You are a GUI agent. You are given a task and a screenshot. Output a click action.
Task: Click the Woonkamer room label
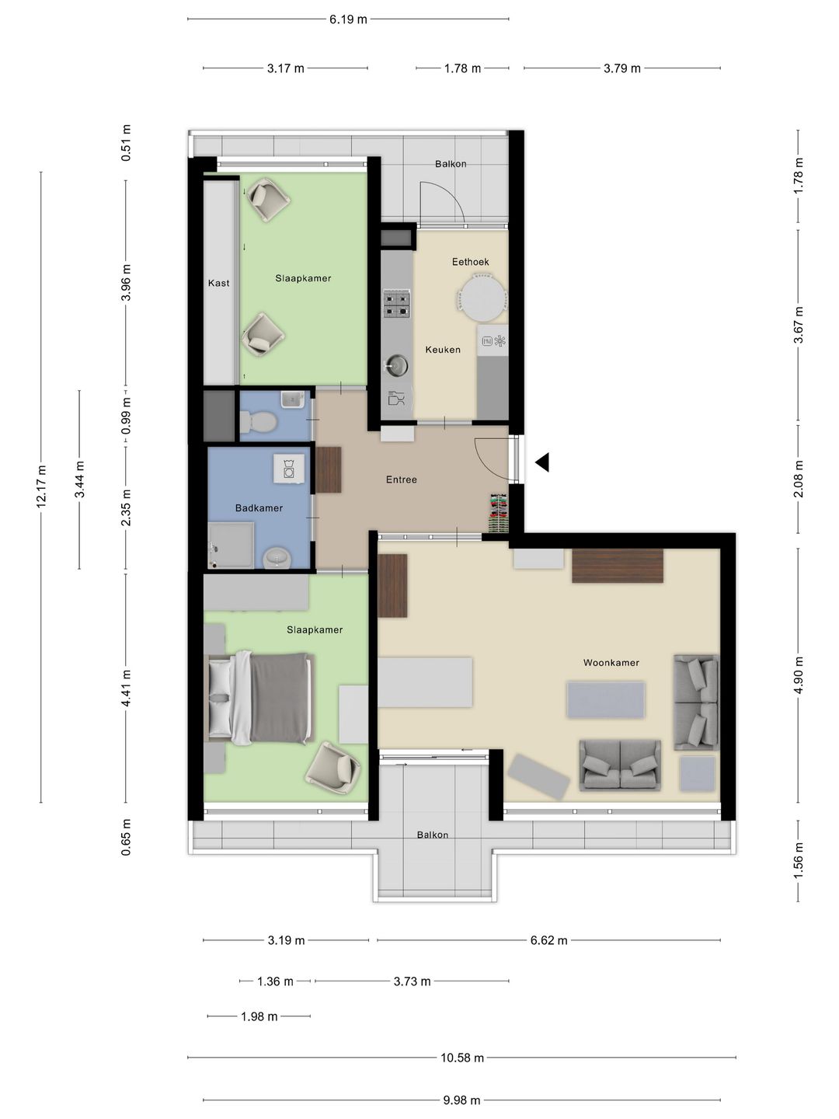(611, 663)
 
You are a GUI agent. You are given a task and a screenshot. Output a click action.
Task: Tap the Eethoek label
(470, 262)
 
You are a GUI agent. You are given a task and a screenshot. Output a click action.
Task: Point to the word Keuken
(443, 350)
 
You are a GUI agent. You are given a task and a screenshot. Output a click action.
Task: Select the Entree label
(402, 479)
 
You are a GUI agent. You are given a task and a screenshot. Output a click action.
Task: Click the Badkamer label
(259, 508)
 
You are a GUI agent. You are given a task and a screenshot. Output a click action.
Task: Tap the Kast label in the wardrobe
(218, 283)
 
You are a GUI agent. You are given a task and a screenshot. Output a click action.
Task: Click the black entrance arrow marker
(542, 462)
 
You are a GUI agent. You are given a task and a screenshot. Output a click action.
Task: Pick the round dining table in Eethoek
(482, 298)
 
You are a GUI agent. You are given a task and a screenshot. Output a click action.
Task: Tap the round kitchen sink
(396, 364)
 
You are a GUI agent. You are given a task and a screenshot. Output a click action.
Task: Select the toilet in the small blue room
(258, 422)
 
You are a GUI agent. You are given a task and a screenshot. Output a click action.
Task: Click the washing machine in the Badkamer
(289, 468)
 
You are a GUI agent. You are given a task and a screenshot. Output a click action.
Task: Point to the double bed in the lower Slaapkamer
(259, 697)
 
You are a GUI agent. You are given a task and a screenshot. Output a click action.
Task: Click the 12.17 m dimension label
(41, 487)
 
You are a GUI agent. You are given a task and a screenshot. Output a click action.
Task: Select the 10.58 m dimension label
(462, 1058)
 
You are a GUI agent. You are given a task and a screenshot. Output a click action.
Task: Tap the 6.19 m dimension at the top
(348, 19)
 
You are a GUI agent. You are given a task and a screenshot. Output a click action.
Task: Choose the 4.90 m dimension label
(799, 675)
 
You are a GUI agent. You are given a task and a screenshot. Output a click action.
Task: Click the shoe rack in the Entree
(499, 514)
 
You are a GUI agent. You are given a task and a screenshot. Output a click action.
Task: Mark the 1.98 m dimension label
(259, 1017)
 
